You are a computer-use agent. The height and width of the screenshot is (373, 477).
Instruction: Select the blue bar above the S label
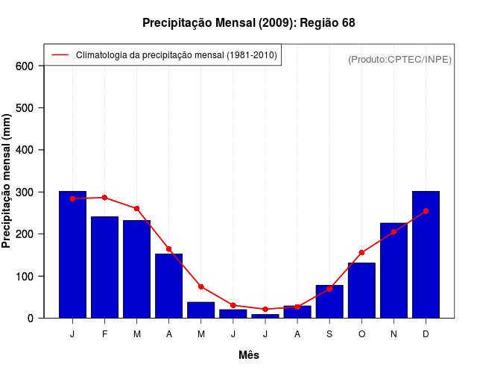tap(329, 301)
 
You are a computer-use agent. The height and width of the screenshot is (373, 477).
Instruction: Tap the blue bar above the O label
tap(361, 290)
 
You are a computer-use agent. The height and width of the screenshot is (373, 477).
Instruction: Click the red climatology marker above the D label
tap(426, 211)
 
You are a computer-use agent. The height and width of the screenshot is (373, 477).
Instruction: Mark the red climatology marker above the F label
tap(104, 198)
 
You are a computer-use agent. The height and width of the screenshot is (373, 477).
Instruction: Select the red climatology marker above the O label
tap(361, 252)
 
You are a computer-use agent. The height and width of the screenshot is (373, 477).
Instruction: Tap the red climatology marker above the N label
tap(394, 232)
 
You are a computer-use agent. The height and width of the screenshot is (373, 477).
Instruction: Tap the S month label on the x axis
tap(329, 334)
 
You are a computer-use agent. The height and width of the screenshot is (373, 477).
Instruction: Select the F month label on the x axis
tap(104, 334)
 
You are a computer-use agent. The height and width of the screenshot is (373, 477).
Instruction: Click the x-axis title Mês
tap(249, 355)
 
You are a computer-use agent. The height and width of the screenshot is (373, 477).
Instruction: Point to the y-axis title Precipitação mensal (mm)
tap(7, 181)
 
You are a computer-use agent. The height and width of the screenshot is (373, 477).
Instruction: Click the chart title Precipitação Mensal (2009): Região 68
tap(249, 23)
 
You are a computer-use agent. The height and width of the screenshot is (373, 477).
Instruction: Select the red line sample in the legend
tap(60, 55)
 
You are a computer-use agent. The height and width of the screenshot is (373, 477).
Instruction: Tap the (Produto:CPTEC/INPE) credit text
tap(400, 59)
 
